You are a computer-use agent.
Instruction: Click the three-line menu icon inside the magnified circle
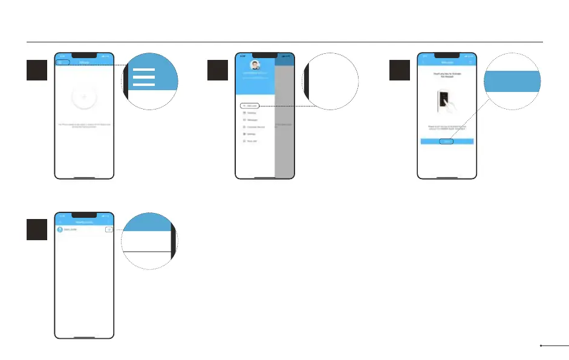point(143,77)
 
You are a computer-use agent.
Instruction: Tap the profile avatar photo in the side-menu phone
point(255,65)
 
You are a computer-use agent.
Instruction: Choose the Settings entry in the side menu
point(250,134)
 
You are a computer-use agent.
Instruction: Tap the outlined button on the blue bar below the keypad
point(446,142)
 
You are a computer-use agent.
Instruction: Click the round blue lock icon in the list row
point(60,229)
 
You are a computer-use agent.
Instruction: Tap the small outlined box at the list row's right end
point(108,229)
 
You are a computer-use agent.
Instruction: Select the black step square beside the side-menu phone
point(218,71)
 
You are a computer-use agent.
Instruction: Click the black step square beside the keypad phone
point(400,71)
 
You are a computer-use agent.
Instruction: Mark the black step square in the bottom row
point(37,229)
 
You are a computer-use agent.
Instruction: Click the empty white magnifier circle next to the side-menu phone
point(330,81)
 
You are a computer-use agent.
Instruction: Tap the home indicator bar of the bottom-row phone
point(84,336)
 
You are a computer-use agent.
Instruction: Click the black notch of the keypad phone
point(447,55)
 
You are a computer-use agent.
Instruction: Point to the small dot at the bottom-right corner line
point(541,346)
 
